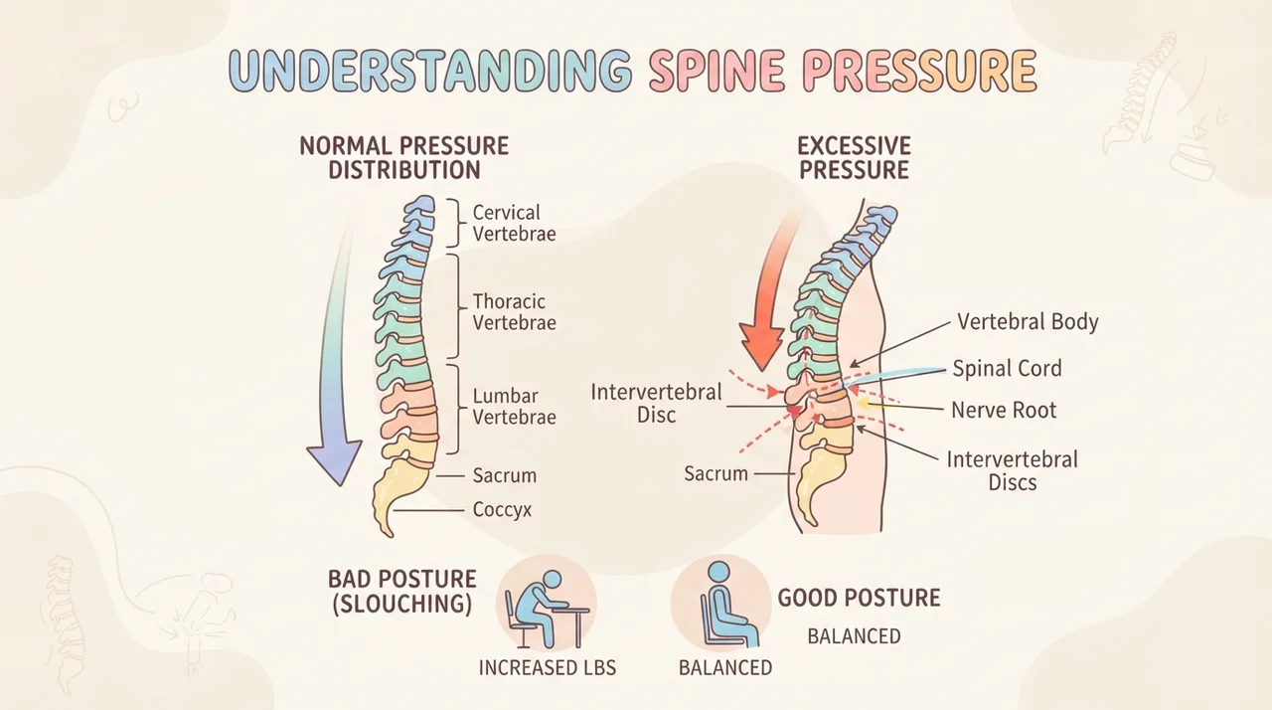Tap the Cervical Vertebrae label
[514, 223]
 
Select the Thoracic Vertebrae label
[514, 312]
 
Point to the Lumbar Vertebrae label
[514, 406]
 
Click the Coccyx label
[502, 509]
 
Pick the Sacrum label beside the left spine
[504, 475]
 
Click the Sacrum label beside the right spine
[715, 473]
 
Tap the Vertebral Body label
[1028, 321]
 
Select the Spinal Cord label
[1007, 368]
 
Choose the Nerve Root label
[1004, 410]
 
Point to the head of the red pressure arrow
[761, 345]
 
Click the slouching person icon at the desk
[547, 608]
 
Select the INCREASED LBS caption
[547, 668]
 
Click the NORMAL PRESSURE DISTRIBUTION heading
[403, 158]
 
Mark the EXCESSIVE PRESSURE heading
[854, 158]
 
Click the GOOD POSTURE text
[859, 598]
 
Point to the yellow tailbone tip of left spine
[389, 532]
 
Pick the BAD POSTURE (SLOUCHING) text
[402, 592]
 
